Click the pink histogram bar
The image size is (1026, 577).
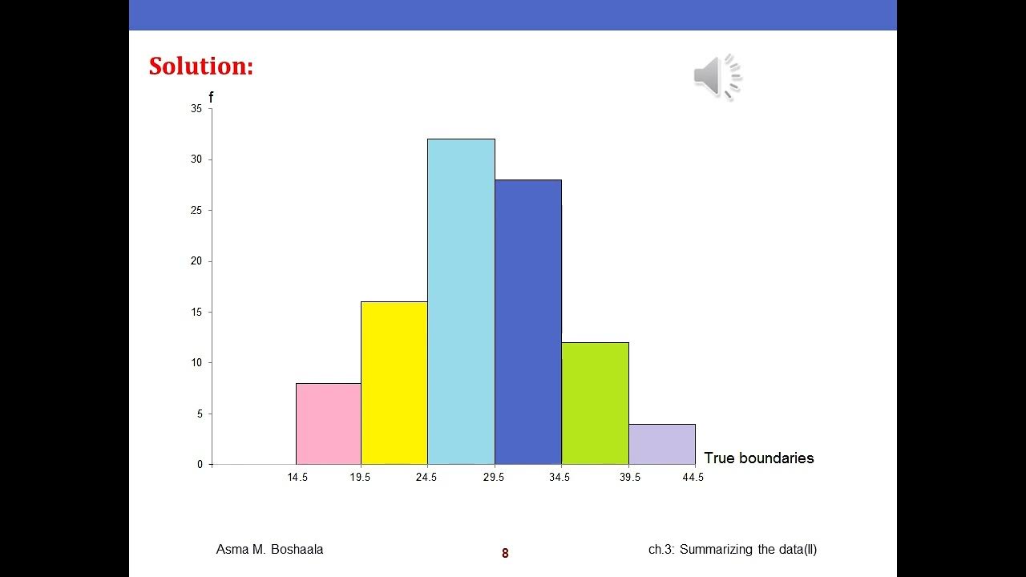[x=329, y=424]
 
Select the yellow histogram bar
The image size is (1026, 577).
[x=394, y=383]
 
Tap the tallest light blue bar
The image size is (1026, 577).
[x=461, y=301]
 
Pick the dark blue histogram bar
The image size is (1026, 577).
[x=527, y=322]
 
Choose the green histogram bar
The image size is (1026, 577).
[x=595, y=403]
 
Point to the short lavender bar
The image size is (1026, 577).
[x=662, y=444]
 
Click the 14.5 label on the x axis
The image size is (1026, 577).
[x=297, y=478]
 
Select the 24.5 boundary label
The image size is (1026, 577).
[x=426, y=478]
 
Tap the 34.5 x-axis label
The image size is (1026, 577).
[x=559, y=478]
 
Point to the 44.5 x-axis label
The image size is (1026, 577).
[x=693, y=478]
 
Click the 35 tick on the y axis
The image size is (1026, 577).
[x=196, y=109]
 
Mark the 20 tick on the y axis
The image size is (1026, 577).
[x=196, y=261]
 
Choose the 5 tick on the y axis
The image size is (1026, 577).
[x=199, y=414]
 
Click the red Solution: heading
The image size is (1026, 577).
[x=201, y=67]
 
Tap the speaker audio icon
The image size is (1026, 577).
[x=717, y=77]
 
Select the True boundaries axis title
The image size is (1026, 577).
[x=758, y=458]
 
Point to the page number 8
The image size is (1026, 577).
[x=505, y=553]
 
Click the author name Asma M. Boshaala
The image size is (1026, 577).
[x=269, y=550]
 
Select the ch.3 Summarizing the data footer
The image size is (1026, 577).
[x=732, y=550]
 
